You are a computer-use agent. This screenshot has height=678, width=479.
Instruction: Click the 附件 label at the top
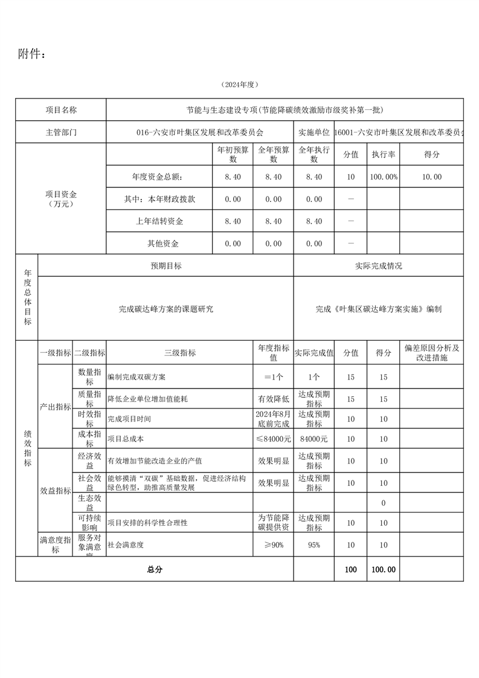coord(31,54)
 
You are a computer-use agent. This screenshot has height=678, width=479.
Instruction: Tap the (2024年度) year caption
coord(239,84)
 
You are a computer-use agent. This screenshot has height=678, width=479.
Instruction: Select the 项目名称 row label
coord(61,110)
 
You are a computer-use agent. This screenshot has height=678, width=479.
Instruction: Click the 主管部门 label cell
coord(61,132)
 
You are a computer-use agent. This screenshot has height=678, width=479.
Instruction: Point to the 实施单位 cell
coord(313,132)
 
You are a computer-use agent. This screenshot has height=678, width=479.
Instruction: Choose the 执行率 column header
coord(383,155)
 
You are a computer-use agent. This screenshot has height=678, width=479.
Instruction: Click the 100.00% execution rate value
coord(383,177)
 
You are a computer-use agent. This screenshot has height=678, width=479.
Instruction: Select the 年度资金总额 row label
coord(156,177)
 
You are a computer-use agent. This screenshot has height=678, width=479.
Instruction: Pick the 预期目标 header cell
coord(166,266)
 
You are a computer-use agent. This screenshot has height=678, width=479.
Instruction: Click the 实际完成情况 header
coord(379,266)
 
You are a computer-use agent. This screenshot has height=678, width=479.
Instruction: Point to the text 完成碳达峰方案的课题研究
coord(166,309)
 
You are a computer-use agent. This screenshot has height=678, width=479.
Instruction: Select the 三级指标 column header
coord(179,353)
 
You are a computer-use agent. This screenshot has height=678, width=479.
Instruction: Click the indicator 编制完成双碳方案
coord(137,377)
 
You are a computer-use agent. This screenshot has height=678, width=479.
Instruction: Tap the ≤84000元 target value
coord(273,439)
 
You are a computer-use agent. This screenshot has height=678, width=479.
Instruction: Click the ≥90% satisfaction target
coord(273,545)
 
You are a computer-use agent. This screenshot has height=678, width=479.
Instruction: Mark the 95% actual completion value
coord(313,545)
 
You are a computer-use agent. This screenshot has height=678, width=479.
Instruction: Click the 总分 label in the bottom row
coord(155,569)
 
